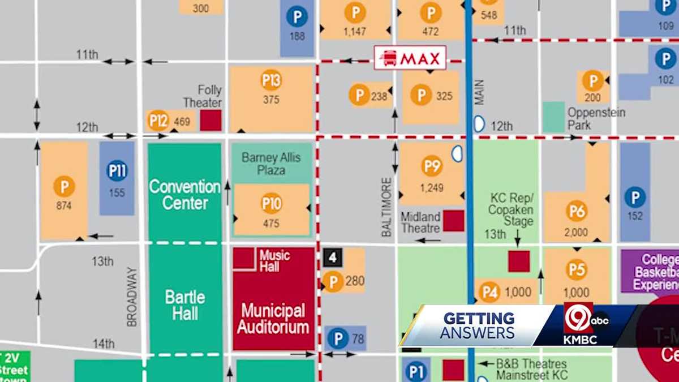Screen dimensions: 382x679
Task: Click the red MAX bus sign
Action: pyautogui.click(x=410, y=58)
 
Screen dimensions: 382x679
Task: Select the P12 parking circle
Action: pyautogui.click(x=158, y=121)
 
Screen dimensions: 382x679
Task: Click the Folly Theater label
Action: pyautogui.click(x=209, y=96)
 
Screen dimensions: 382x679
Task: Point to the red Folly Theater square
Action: pyautogui.click(x=211, y=121)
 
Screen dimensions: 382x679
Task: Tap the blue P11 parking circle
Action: pyautogui.click(x=117, y=171)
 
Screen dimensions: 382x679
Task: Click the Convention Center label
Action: pyautogui.click(x=184, y=195)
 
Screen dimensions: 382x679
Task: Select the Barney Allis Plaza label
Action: pyautogui.click(x=272, y=164)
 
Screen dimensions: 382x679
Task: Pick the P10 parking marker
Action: pyautogui.click(x=272, y=204)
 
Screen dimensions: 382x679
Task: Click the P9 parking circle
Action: pyautogui.click(x=432, y=166)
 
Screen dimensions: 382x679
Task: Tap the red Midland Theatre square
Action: pyautogui.click(x=453, y=221)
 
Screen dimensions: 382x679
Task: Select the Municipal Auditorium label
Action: pyautogui.click(x=273, y=318)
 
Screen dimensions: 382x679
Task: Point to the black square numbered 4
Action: pyautogui.click(x=333, y=257)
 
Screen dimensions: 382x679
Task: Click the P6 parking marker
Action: pyautogui.click(x=577, y=211)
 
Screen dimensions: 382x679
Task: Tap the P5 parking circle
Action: pyautogui.click(x=577, y=270)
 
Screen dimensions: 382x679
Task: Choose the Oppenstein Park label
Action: pyautogui.click(x=596, y=118)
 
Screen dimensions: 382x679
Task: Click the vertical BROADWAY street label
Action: pyautogui.click(x=132, y=297)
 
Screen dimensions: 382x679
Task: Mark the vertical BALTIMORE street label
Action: pyautogui.click(x=386, y=207)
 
